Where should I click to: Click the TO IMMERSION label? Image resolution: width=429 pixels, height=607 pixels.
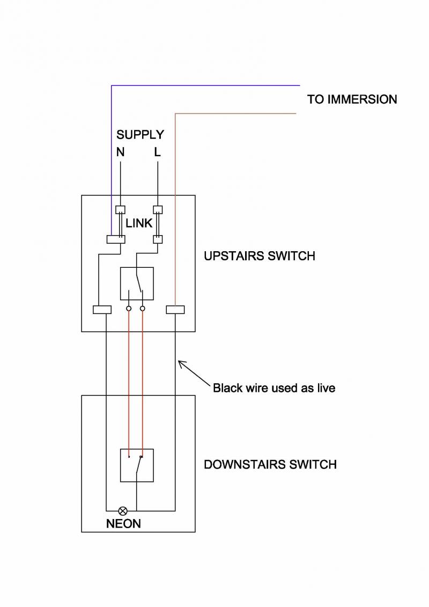(x=352, y=99)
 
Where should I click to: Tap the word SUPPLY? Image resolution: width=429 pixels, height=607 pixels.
(x=140, y=134)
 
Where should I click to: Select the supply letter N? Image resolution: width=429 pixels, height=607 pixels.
(x=120, y=152)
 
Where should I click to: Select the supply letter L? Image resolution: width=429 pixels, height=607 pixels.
(x=157, y=152)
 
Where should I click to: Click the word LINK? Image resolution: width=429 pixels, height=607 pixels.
(x=139, y=223)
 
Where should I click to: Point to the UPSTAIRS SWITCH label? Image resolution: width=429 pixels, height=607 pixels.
(x=259, y=256)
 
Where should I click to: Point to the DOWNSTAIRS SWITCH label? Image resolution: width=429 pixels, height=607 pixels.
(x=270, y=464)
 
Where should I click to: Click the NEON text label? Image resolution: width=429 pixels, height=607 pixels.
(x=123, y=523)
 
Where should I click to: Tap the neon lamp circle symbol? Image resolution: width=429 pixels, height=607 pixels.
(x=123, y=511)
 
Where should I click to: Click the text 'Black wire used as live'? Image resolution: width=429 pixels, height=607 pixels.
(x=274, y=387)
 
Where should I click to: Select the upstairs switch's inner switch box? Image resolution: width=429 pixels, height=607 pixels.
(x=137, y=283)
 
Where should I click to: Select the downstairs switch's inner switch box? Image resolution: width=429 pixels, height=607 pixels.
(x=137, y=465)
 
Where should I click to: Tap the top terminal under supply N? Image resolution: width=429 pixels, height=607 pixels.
(x=121, y=210)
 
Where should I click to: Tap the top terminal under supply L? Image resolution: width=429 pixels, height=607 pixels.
(x=158, y=210)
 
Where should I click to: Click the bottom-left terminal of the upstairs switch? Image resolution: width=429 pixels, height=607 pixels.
(x=102, y=310)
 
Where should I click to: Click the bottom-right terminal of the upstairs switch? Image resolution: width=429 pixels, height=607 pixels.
(x=175, y=310)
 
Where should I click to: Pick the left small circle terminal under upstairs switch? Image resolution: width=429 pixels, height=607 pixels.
(x=129, y=309)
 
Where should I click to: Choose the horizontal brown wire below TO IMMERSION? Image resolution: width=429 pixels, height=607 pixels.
(x=236, y=114)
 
